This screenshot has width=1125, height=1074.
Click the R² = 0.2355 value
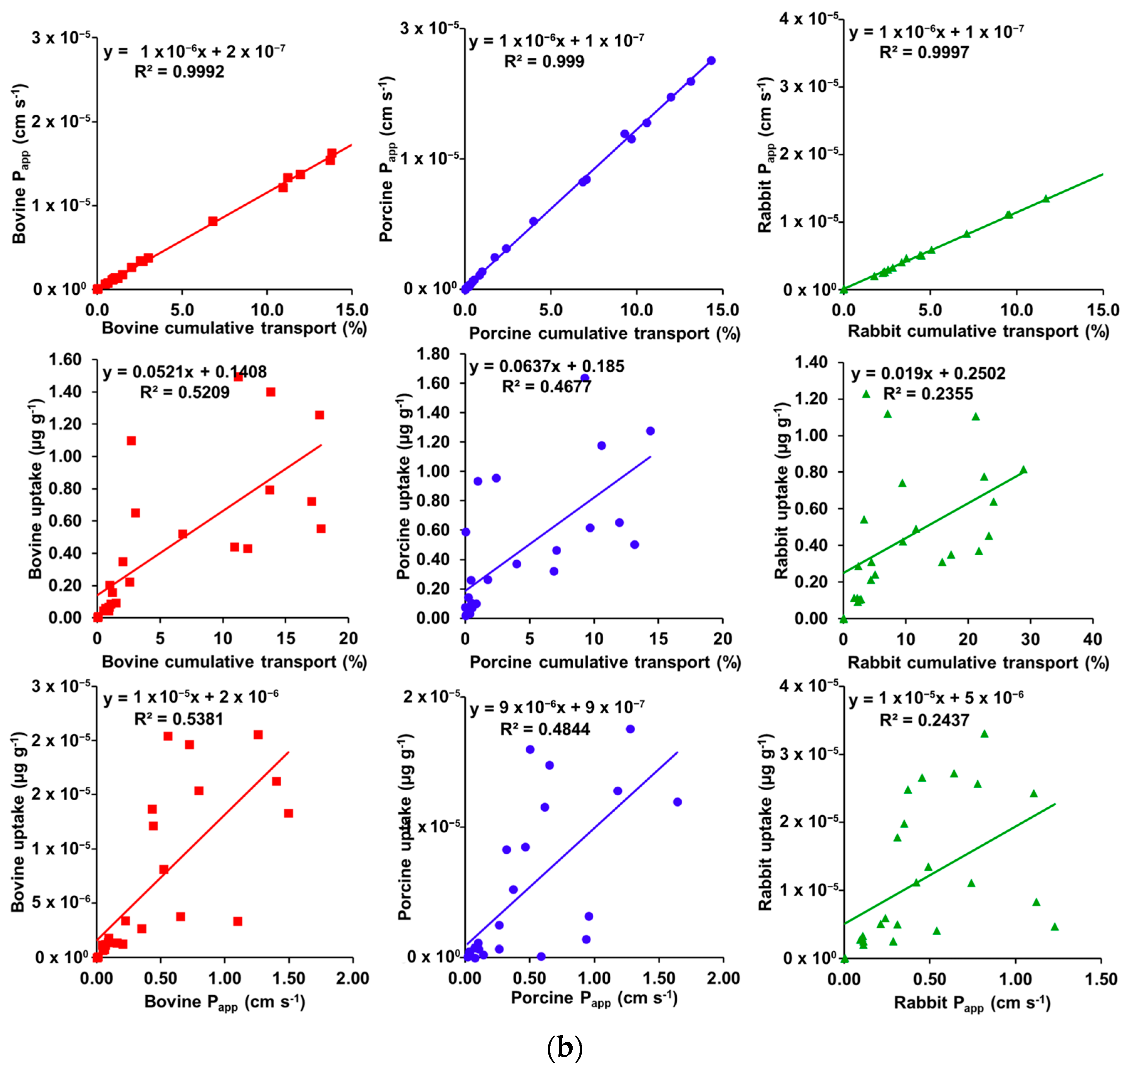point(927,394)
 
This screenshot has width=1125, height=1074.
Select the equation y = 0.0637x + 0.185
point(546,366)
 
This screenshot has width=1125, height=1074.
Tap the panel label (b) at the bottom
point(564,1047)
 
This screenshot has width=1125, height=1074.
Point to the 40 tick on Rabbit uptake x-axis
point(1092,639)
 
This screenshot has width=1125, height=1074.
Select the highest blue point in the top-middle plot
point(711,61)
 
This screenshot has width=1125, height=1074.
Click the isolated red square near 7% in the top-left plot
point(213,221)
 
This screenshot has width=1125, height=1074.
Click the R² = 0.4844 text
point(545,729)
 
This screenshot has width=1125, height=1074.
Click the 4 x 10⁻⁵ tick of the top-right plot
point(808,19)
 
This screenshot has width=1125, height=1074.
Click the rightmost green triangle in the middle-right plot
point(1023,470)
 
